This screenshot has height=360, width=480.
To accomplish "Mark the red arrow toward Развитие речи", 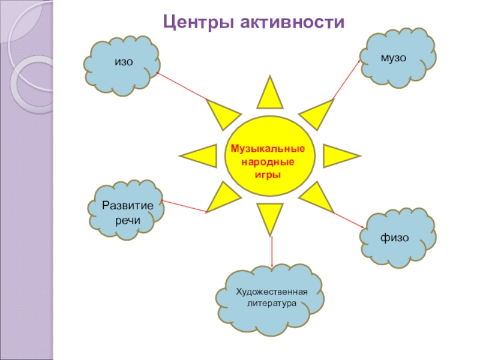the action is coord(184,206).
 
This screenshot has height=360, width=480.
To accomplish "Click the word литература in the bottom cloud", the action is coord(272,304).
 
